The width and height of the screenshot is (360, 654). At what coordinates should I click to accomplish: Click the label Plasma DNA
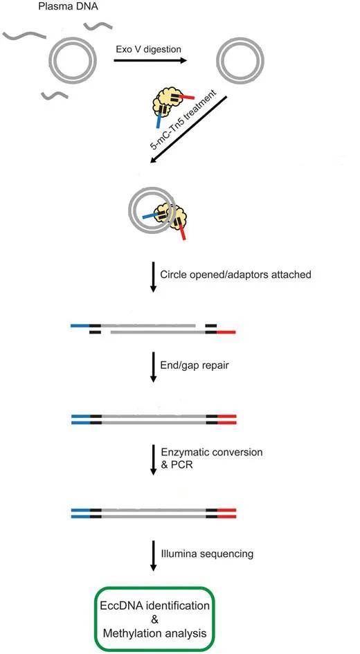[69, 7]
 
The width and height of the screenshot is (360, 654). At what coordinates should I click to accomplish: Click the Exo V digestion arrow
[150, 60]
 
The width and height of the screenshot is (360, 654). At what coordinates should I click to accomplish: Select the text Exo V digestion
[149, 49]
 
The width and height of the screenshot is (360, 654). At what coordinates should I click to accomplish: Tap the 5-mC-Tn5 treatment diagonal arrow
[189, 129]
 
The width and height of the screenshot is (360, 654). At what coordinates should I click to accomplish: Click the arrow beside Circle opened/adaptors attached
[153, 277]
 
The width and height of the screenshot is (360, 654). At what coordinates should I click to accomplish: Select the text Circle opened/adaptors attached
[235, 275]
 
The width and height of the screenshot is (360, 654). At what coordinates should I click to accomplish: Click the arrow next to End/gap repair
[153, 367]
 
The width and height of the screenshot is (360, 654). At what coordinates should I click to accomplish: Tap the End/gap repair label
[195, 365]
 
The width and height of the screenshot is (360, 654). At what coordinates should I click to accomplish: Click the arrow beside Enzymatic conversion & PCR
[153, 460]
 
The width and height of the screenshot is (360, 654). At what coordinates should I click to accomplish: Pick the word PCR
[183, 464]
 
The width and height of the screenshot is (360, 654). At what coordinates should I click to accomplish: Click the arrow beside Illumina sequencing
[153, 556]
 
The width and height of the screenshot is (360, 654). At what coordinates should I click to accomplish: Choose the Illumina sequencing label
[207, 554]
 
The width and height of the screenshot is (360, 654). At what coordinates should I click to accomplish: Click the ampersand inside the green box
[155, 619]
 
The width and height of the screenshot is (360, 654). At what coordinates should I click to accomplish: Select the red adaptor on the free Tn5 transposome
[188, 97]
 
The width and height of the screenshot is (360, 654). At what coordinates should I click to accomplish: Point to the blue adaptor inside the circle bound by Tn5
[151, 217]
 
